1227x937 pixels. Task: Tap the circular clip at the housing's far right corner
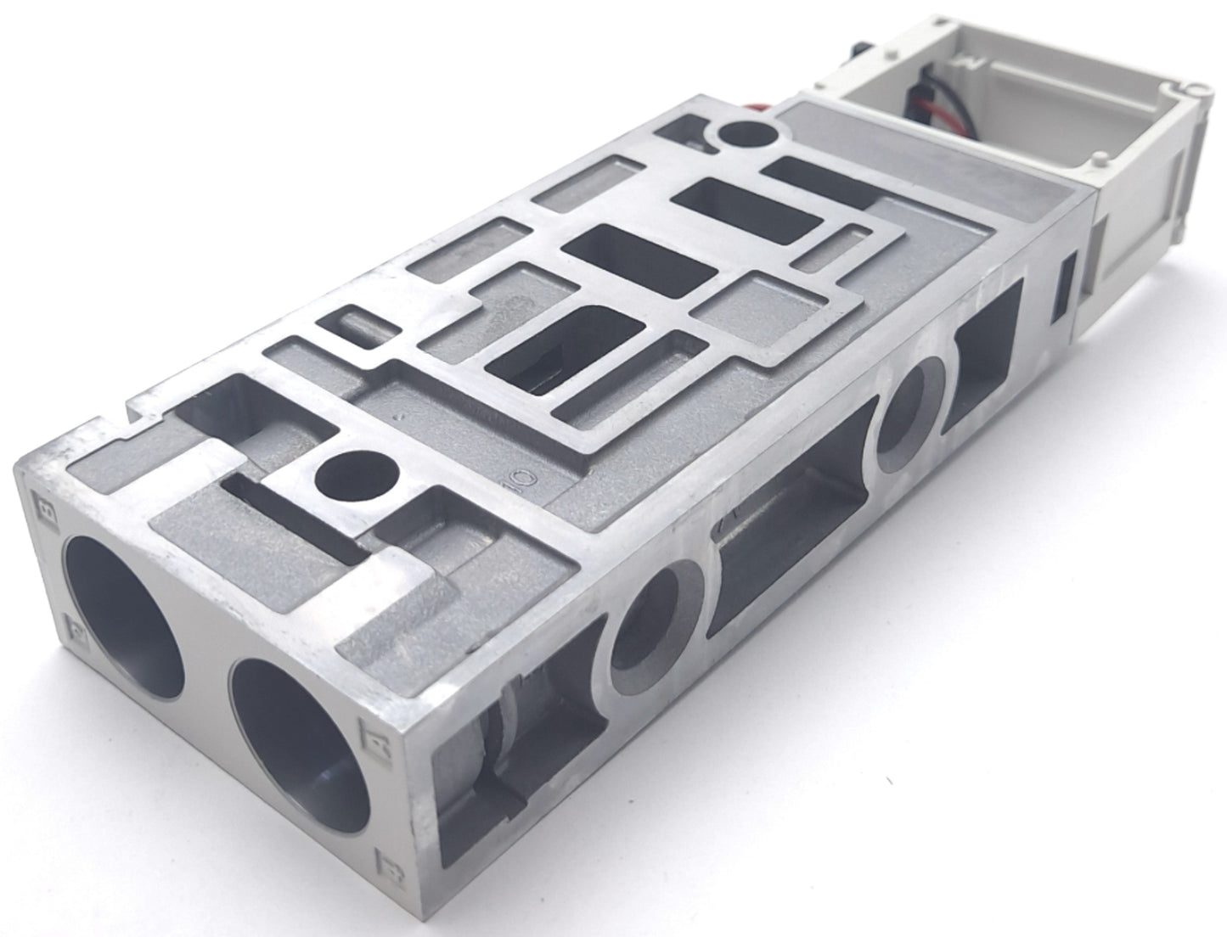click(x=1196, y=88)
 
